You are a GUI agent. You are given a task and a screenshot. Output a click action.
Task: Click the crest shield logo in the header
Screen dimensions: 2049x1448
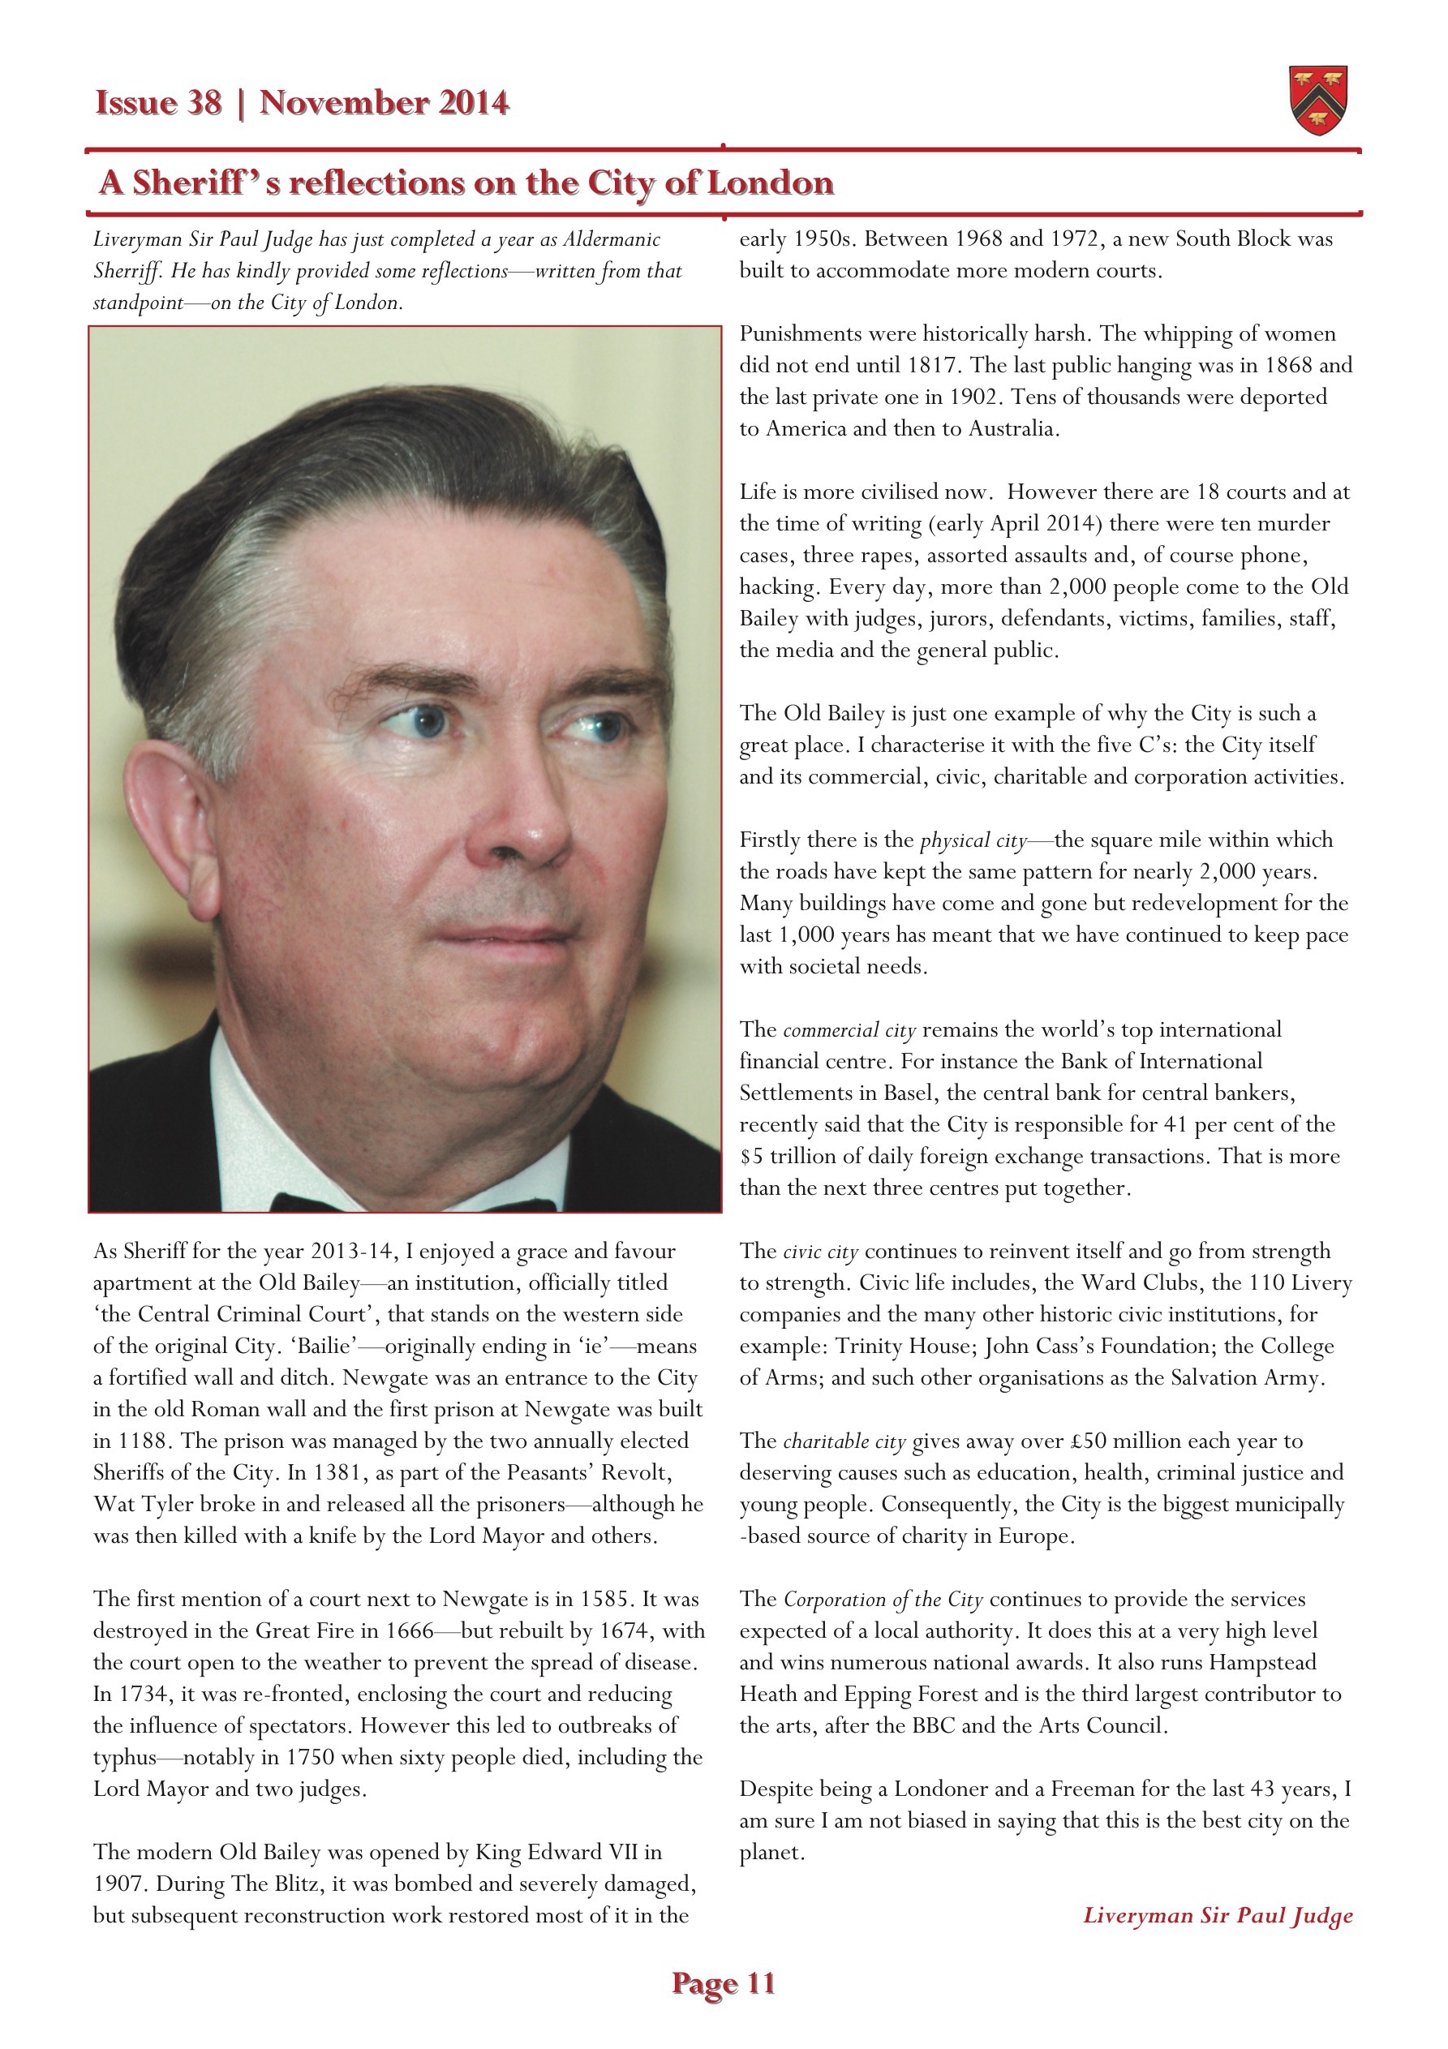coord(1317,100)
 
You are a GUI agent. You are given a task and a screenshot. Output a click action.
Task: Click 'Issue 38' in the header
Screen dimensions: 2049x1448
coord(158,104)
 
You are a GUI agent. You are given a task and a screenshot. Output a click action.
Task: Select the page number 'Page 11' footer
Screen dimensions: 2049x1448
coord(723,1983)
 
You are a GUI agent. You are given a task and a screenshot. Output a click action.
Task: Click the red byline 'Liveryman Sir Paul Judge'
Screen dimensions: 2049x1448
coord(1218,1915)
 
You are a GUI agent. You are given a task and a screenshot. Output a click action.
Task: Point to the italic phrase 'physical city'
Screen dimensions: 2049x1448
coord(973,840)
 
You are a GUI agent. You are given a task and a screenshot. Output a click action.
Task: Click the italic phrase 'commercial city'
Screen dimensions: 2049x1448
coord(849,1031)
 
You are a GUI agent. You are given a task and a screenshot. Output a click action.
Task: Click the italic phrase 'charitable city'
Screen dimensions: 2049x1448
coord(844,1442)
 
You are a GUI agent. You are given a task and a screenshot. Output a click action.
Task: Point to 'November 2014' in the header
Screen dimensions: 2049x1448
coord(384,104)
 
